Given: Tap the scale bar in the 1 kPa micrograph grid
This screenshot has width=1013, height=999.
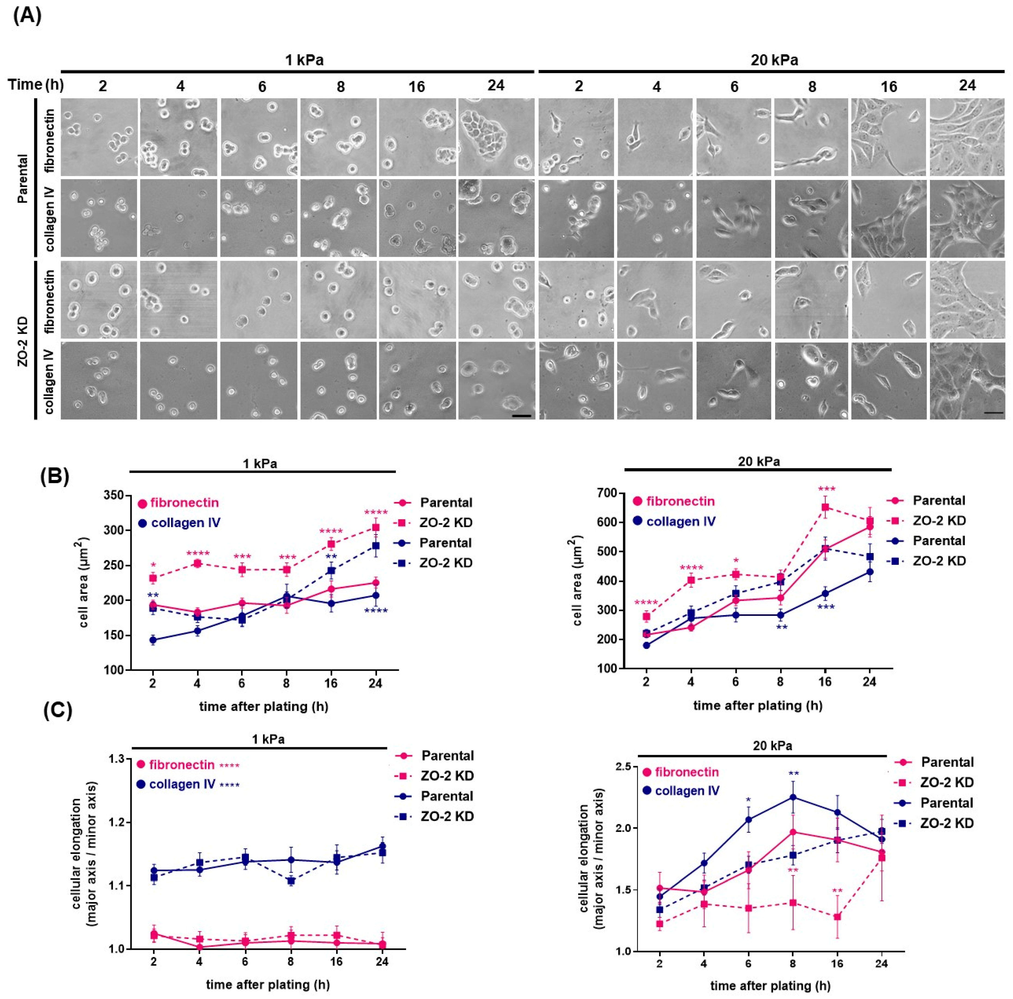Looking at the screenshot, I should [x=521, y=416].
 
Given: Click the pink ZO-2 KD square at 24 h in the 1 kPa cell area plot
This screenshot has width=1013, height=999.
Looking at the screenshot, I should [x=375, y=527].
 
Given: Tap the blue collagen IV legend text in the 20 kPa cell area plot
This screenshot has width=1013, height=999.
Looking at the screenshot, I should [x=681, y=522].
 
